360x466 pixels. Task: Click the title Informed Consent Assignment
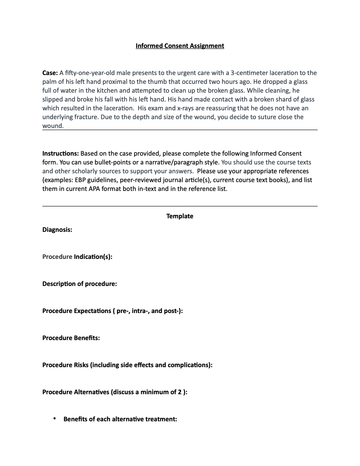(x=180, y=46)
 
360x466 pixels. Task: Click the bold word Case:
(x=50, y=73)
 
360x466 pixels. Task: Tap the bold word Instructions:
(x=61, y=153)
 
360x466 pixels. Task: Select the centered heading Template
(x=180, y=216)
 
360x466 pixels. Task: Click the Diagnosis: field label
(x=57, y=229)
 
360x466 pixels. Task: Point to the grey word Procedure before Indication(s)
(x=57, y=257)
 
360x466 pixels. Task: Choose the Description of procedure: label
(x=80, y=284)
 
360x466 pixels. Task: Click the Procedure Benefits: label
(x=71, y=338)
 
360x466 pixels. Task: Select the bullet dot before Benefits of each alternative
(x=55, y=419)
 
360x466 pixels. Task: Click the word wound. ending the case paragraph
(x=53, y=126)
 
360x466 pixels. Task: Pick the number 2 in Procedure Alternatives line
(x=180, y=392)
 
